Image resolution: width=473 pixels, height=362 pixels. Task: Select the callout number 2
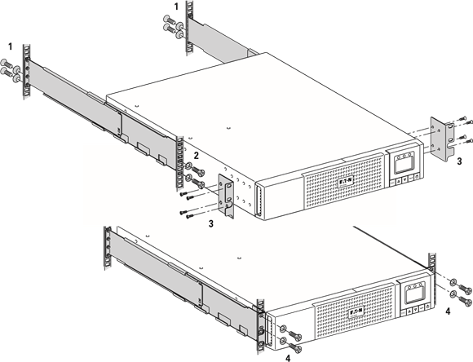click(x=195, y=154)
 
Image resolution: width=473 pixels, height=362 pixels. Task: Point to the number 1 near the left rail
click(x=11, y=46)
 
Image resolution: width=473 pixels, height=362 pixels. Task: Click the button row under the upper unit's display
click(x=405, y=183)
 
